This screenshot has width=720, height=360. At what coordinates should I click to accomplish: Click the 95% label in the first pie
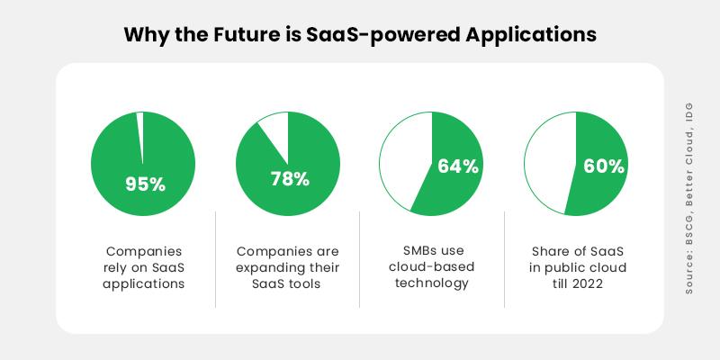point(145,184)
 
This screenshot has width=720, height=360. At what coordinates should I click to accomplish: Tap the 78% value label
point(290,178)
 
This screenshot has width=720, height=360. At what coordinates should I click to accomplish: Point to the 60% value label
point(602,166)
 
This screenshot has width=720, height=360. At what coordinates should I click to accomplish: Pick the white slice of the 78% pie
point(274,130)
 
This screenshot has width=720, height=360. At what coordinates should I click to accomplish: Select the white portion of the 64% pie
point(404,162)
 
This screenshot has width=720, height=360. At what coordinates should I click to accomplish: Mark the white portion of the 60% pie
point(549,162)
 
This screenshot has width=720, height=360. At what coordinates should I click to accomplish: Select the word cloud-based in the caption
point(432,267)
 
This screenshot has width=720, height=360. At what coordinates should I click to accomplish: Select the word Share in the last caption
point(553,251)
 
